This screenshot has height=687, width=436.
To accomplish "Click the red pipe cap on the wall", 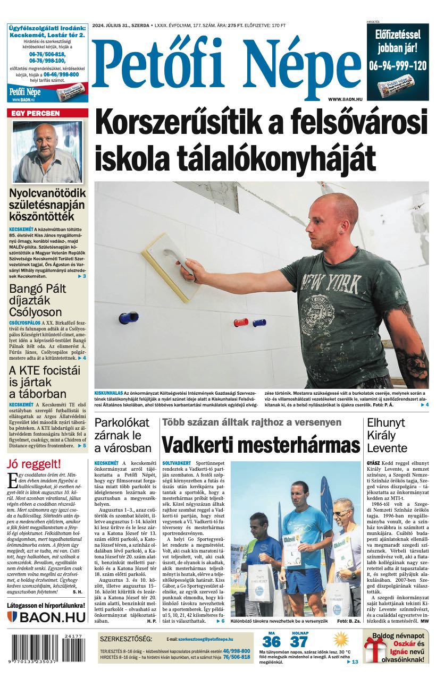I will point(241,323).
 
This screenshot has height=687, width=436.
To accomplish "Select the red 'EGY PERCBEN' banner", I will point(47,113).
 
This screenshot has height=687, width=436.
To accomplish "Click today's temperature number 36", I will point(271,642).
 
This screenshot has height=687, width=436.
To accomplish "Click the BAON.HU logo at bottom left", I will point(47,617).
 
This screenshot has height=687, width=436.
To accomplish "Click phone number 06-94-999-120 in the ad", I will point(397,65).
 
